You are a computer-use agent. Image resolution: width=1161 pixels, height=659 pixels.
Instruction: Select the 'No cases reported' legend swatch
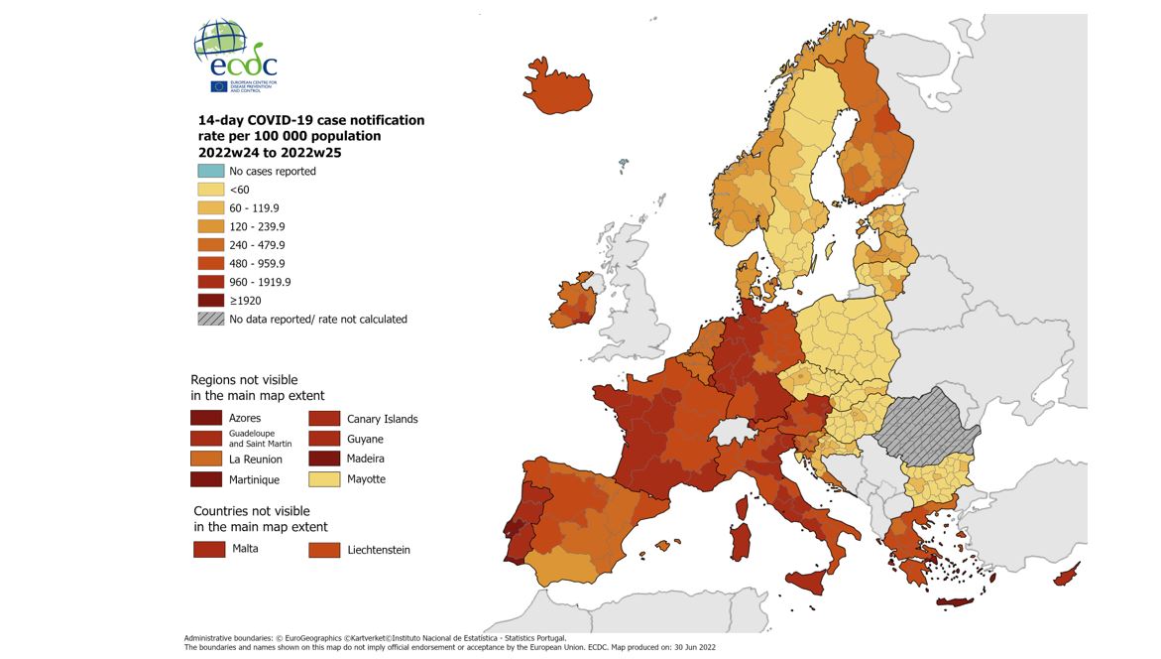tap(211, 171)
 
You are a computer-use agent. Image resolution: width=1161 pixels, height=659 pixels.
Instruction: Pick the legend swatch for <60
tap(211, 190)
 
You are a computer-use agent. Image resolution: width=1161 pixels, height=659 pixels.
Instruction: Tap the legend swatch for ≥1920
tap(211, 300)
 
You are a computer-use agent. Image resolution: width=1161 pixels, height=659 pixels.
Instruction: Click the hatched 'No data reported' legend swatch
tap(211, 319)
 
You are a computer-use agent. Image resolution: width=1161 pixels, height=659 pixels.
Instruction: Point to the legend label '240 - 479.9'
tap(257, 245)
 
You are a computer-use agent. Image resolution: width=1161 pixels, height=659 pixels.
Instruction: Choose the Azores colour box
tap(205, 418)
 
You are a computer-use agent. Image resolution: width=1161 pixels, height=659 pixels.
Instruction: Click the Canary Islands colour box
tap(323, 418)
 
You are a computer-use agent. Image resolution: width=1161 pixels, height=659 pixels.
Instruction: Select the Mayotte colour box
tap(323, 479)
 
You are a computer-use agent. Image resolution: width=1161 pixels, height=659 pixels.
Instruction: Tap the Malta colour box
tap(209, 549)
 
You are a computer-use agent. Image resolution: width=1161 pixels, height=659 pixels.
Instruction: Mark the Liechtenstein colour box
tap(323, 549)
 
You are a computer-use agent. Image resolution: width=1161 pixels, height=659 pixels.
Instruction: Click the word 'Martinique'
tap(254, 480)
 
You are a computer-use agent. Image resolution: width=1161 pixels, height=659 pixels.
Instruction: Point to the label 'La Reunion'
tap(256, 460)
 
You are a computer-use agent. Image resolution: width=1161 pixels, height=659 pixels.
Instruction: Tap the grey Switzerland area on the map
tap(734, 430)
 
